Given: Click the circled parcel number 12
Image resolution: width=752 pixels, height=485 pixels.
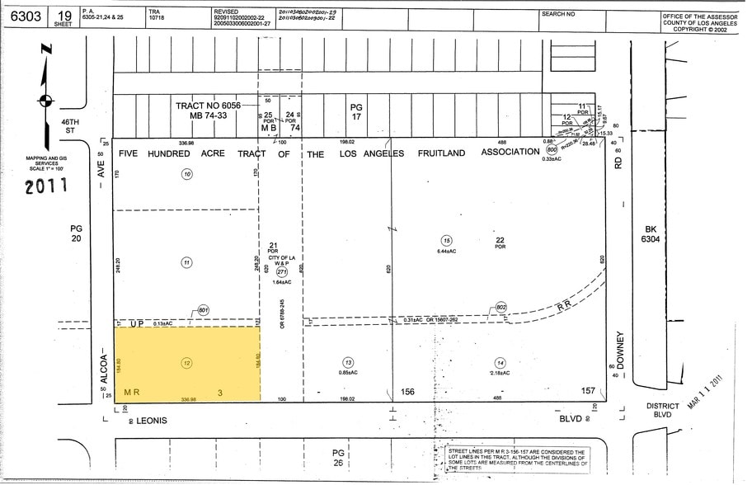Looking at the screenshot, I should click(186, 362).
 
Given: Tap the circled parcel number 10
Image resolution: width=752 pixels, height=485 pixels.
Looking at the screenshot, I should click(187, 174).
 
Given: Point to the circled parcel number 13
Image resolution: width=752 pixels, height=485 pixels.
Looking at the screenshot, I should click(349, 362).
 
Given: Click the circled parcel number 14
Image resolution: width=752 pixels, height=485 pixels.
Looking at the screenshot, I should click(500, 362).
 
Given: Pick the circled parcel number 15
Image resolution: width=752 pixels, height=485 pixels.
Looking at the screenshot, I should click(446, 240).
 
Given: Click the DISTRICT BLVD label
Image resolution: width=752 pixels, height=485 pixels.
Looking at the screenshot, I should click(662, 410).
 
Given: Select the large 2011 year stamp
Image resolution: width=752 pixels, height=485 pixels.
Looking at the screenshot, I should click(46, 187).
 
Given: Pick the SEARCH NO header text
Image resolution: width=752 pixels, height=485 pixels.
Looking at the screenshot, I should click(559, 15).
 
